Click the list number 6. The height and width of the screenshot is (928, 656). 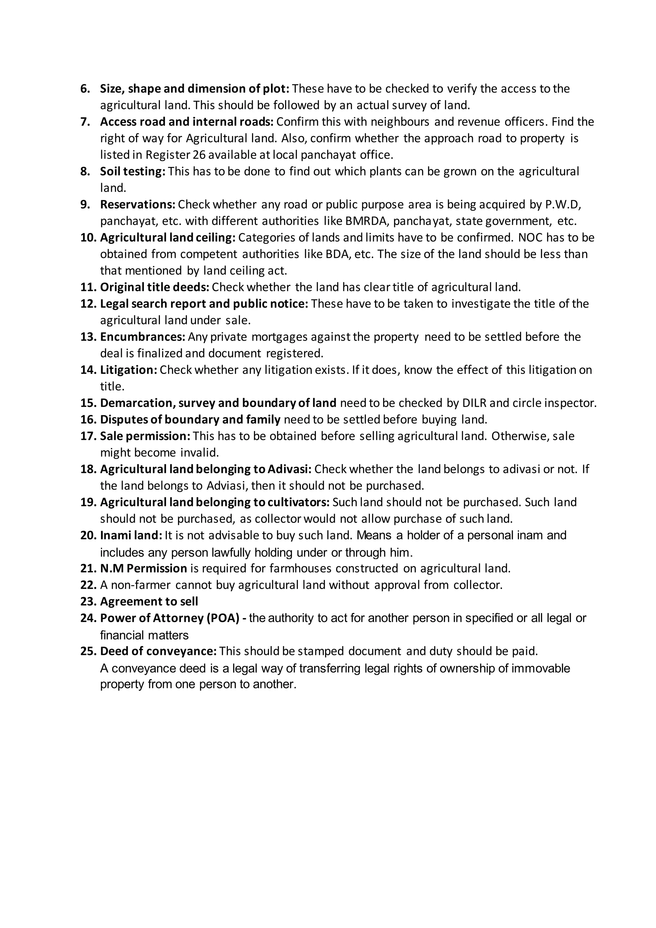[x=85, y=89]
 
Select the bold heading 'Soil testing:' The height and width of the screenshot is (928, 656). [x=133, y=171]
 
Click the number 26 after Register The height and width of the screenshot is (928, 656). [x=199, y=155]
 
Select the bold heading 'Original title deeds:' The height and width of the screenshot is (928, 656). [x=154, y=287]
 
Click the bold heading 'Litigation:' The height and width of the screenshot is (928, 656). [x=128, y=370]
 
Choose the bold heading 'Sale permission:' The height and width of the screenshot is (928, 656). [x=145, y=436]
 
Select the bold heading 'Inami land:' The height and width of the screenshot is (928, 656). [x=131, y=535]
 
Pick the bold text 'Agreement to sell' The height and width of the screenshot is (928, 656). [x=149, y=602]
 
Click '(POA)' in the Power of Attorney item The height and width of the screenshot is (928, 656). [x=224, y=618]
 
